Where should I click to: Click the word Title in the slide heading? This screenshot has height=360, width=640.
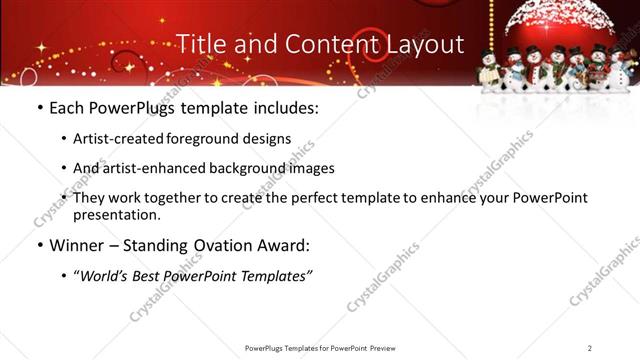pyautogui.click(x=199, y=44)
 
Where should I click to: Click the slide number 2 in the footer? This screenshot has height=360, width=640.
pyautogui.click(x=590, y=348)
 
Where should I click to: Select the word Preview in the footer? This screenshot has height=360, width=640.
pyautogui.click(x=389, y=348)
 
